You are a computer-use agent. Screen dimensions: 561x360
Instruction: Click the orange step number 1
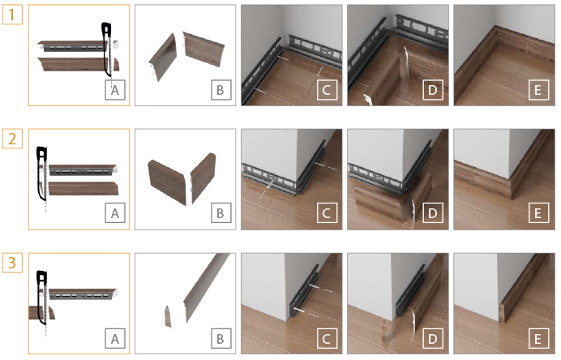coord(12,15)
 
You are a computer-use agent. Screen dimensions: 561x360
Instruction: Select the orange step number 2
coord(12,139)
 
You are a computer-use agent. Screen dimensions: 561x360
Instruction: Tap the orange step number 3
coord(12,263)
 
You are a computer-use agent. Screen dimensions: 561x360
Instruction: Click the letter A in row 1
coord(115,90)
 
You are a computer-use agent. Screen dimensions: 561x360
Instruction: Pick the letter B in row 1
coord(221,90)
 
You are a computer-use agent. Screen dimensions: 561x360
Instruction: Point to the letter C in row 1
coord(326,90)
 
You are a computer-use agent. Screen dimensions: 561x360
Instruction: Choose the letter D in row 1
coord(433,90)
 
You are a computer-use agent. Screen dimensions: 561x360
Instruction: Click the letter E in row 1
coord(537,90)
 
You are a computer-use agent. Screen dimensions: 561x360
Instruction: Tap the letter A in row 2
coord(115,213)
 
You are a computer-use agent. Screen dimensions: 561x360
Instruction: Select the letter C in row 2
coord(326,213)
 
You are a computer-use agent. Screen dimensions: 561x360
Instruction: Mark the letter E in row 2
coord(537,213)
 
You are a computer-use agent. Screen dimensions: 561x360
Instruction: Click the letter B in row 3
coord(221,339)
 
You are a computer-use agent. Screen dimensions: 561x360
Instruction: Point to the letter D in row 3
coord(433,339)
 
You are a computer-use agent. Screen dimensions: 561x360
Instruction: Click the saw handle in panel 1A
coord(106,29)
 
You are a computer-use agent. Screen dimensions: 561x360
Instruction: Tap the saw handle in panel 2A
coord(41,153)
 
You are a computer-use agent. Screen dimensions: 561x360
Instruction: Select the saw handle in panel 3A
coord(41,278)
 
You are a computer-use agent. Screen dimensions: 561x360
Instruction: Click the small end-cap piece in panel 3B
coord(168,316)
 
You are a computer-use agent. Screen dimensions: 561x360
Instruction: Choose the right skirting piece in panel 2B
coord(203,177)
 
